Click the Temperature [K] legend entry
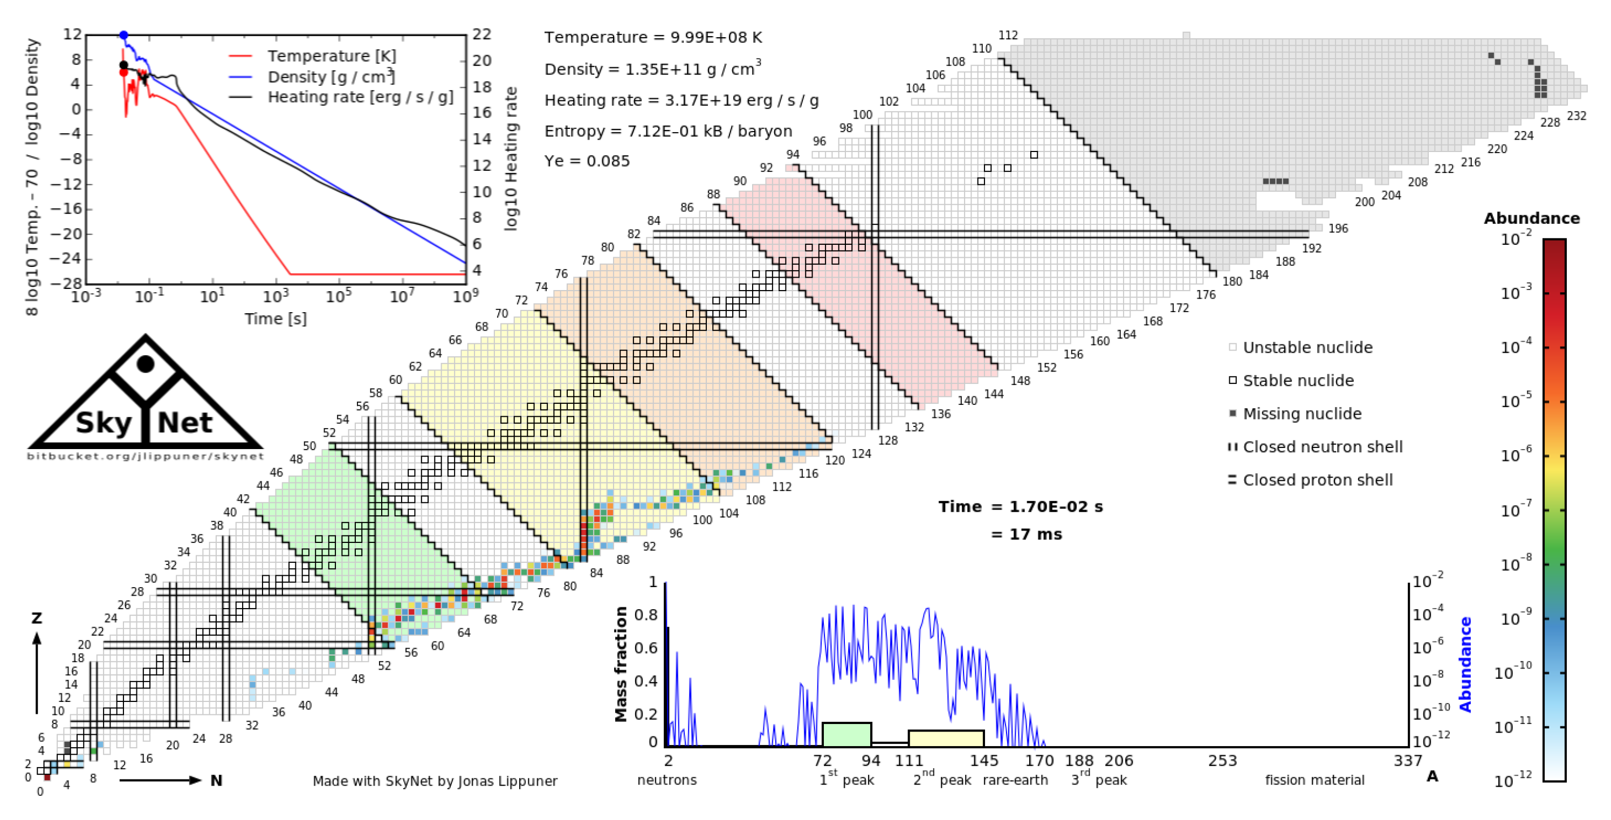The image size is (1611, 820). (x=332, y=56)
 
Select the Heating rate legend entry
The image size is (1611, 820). (x=360, y=98)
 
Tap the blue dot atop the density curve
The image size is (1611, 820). (x=124, y=36)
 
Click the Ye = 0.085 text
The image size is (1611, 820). (x=587, y=161)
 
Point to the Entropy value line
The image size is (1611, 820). (x=668, y=132)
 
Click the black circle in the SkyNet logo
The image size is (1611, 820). (x=146, y=363)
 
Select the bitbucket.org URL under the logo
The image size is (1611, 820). (x=145, y=456)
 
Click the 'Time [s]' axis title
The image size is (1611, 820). (x=275, y=319)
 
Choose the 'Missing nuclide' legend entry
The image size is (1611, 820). (x=1302, y=414)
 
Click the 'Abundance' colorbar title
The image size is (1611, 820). (x=1532, y=218)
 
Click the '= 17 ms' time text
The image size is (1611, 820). (x=1026, y=535)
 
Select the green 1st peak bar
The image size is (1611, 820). (x=846, y=734)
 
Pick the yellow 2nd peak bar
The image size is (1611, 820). (x=946, y=738)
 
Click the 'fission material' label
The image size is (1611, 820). (x=1314, y=781)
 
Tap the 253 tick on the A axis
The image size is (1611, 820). (x=1222, y=761)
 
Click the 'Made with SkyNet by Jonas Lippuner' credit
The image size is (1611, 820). (x=435, y=781)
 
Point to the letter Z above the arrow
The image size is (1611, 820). (x=37, y=618)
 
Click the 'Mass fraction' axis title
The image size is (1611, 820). (x=621, y=664)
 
